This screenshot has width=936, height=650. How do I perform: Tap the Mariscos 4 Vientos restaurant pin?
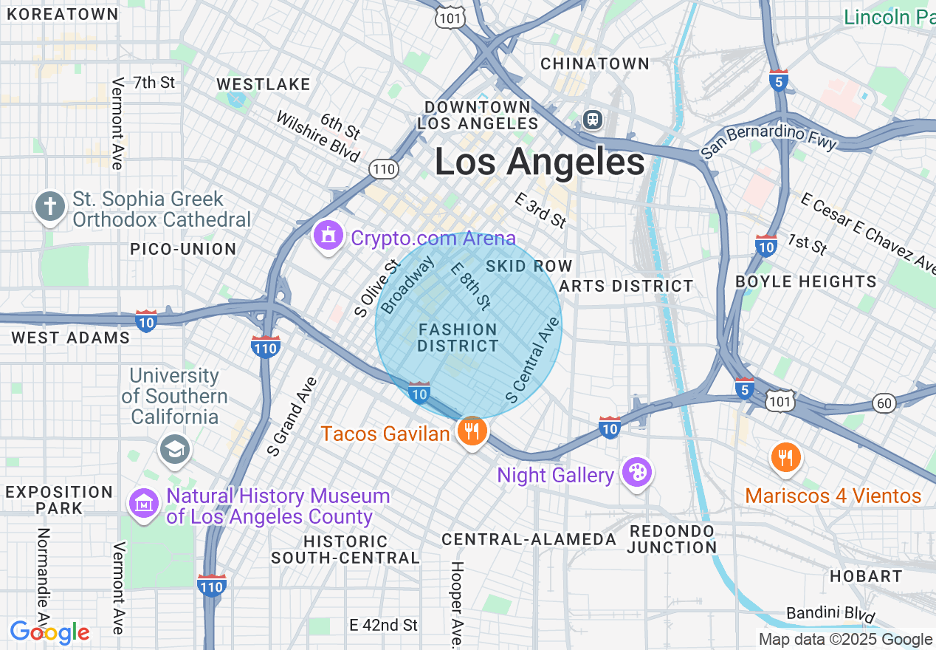tap(785, 459)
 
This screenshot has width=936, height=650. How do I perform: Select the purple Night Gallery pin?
tap(636, 473)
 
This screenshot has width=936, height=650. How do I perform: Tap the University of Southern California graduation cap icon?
tap(175, 448)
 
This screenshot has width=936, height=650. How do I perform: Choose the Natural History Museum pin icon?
tap(144, 504)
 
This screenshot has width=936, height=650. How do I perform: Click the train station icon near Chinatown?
tap(592, 120)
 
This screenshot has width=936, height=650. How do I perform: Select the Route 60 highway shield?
tap(884, 403)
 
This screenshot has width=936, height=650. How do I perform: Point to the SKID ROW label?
tap(529, 266)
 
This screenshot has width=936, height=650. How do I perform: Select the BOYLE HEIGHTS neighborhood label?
tap(806, 281)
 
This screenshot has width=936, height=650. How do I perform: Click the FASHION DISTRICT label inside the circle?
tap(458, 338)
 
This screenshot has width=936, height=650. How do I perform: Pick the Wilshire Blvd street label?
tap(318, 137)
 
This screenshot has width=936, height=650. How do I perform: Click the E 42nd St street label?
tap(384, 626)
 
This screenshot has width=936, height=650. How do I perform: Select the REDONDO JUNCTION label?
tap(672, 539)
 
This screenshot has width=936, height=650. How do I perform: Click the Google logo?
tap(49, 632)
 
